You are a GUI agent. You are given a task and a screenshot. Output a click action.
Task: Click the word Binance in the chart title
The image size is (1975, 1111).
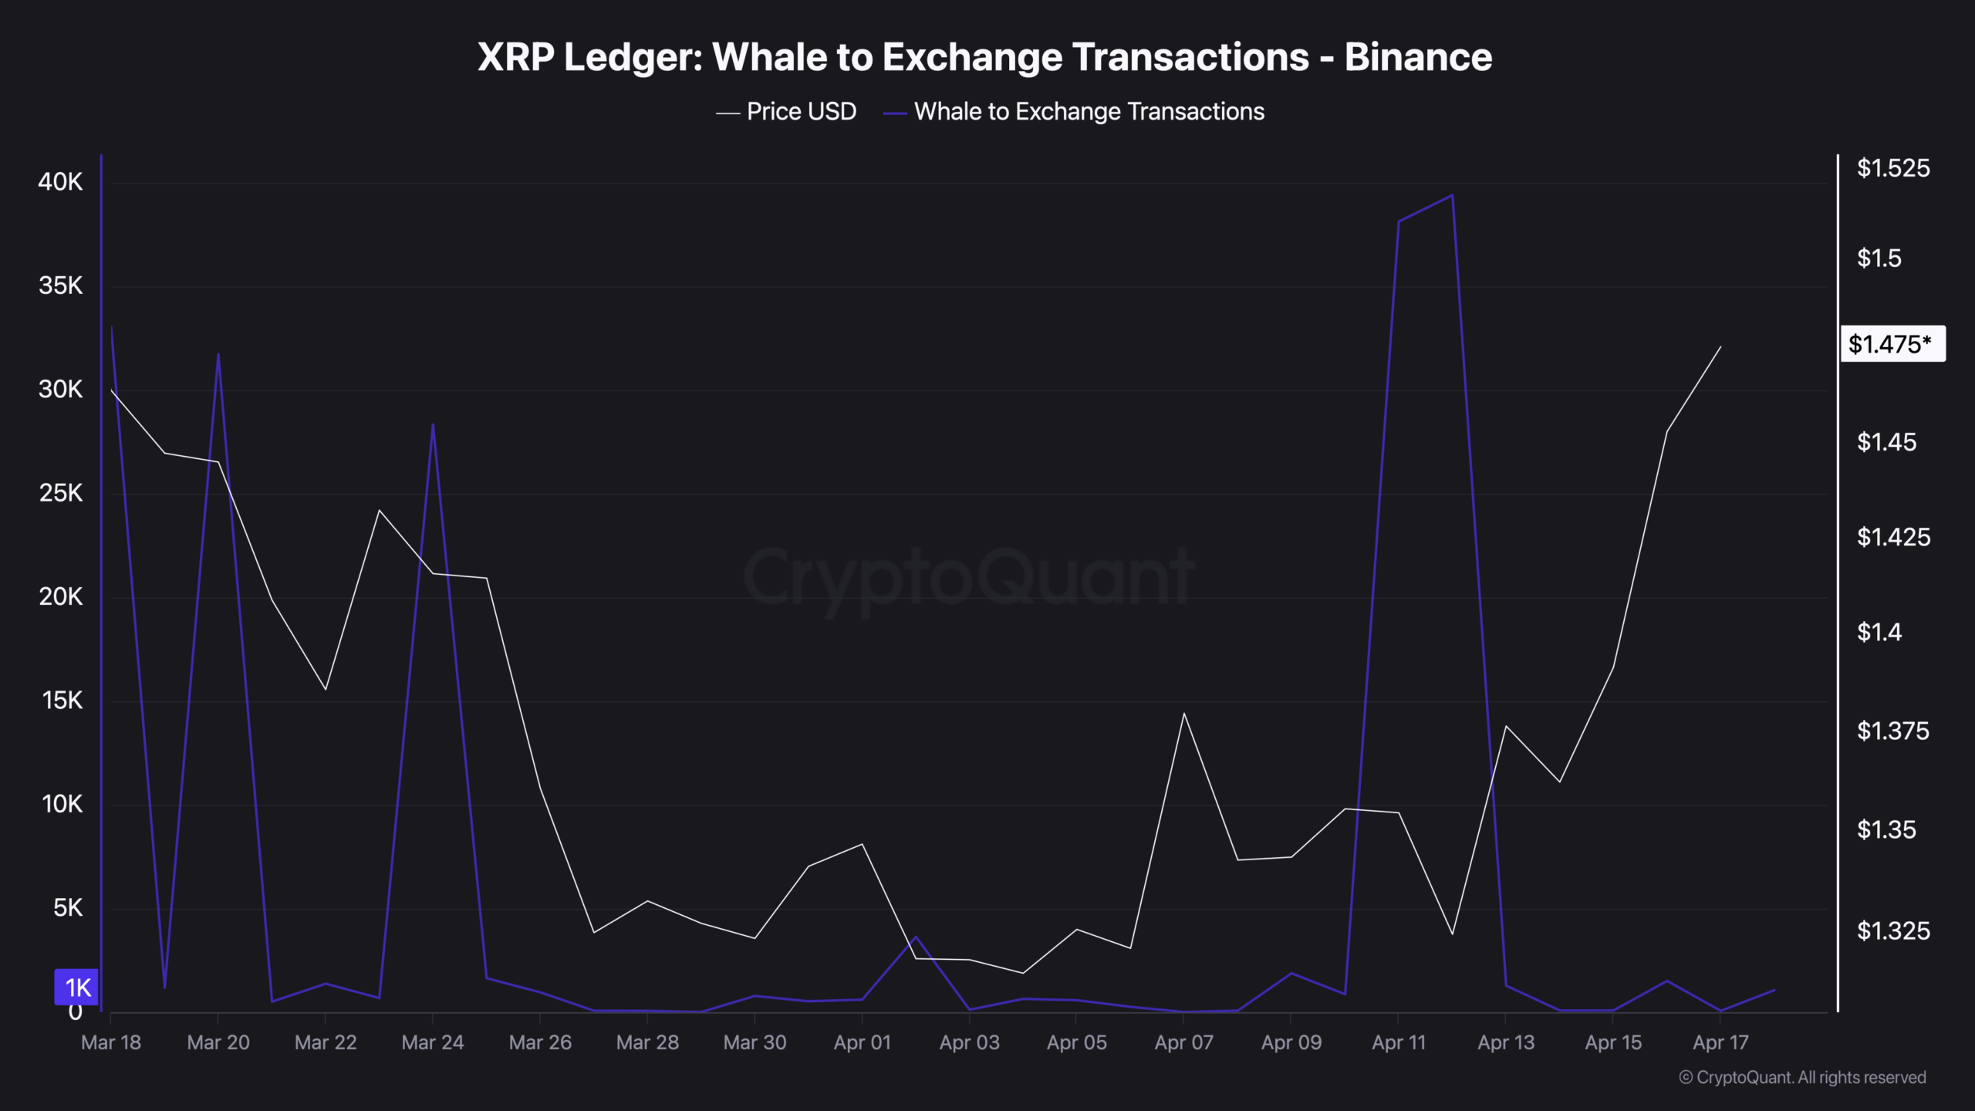point(1418,57)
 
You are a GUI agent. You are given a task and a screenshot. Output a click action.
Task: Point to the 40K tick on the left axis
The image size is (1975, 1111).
point(60,182)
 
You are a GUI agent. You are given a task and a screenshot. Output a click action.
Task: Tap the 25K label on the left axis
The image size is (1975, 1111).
point(60,493)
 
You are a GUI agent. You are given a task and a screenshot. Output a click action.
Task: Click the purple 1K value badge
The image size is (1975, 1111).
point(76,987)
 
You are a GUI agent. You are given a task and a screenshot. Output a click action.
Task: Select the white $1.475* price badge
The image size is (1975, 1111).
point(1892,344)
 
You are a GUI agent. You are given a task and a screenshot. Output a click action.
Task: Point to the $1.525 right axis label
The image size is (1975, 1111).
point(1892,168)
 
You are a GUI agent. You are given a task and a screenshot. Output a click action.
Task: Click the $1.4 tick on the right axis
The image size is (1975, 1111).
point(1879,633)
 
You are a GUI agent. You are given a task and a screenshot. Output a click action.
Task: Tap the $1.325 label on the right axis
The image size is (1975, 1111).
point(1892,930)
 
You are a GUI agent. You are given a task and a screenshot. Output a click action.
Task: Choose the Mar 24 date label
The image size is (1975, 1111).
point(433,1042)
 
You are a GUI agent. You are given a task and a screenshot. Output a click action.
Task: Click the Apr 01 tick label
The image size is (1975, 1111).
point(862,1042)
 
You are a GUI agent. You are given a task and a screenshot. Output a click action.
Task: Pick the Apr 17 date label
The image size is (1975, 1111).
point(1720,1042)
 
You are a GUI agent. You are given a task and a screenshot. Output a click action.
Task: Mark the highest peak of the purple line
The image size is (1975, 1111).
point(1452,196)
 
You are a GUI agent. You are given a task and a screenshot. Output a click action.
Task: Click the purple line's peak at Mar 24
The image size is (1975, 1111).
point(433,424)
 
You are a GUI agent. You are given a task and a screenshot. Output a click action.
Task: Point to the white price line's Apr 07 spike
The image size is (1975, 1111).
point(1183,714)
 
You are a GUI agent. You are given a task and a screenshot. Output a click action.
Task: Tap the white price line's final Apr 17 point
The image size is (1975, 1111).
point(1720,348)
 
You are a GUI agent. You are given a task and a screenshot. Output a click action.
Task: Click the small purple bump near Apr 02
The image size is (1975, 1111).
point(916,937)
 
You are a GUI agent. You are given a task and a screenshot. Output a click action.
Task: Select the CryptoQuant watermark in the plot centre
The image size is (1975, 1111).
point(968,577)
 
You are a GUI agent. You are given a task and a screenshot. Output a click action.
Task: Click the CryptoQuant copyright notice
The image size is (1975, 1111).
point(1802,1077)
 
